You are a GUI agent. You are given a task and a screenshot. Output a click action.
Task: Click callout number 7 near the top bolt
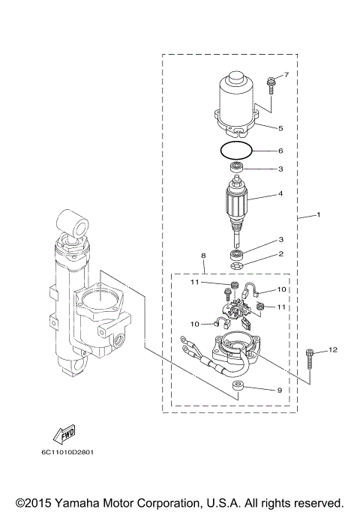(284, 76)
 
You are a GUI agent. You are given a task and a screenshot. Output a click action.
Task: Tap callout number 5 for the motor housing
(280, 128)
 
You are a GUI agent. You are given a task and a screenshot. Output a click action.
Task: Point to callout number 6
(280, 151)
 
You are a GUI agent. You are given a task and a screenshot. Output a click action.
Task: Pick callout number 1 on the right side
(319, 215)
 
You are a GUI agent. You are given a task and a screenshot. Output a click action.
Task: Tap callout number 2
(280, 254)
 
